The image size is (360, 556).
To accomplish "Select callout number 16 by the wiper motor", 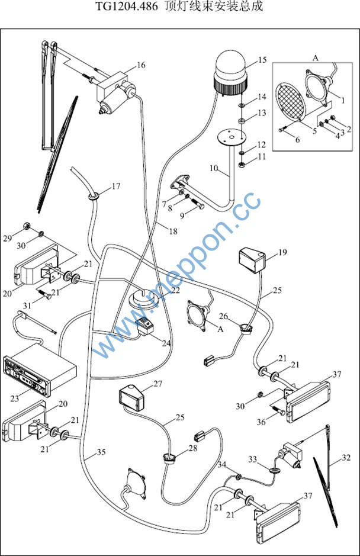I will point(141,65).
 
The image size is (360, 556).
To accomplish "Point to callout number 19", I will point(282,252).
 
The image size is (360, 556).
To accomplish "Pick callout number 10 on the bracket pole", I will point(214,168).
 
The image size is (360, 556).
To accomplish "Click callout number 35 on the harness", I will point(101,452).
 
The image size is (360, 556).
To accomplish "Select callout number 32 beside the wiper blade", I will point(346,457).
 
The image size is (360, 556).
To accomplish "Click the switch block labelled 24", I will point(146,326).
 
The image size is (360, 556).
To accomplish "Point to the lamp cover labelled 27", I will point(133,396).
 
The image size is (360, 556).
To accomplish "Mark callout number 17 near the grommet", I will point(116,187).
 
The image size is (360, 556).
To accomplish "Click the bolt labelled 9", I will point(198,207).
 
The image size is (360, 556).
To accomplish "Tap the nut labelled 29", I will point(26,226).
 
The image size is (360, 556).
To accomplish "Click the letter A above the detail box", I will point(316,58).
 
